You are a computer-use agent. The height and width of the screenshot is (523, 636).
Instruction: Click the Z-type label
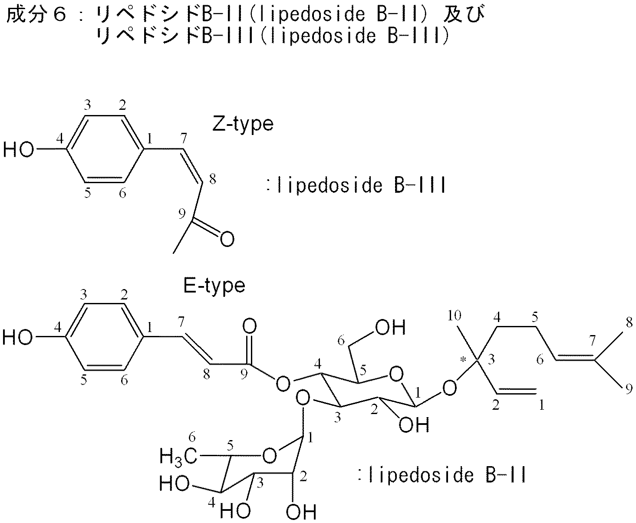coord(243,124)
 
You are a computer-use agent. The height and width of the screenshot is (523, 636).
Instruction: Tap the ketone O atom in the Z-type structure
coord(227,239)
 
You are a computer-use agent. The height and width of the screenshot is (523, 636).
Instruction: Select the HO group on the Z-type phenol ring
coord(19,150)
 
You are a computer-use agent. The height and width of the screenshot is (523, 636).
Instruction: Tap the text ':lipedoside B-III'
coord(356,186)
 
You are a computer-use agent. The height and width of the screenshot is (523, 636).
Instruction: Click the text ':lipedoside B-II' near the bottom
coord(442,476)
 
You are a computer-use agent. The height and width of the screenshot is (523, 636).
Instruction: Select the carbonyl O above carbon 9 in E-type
coord(250,326)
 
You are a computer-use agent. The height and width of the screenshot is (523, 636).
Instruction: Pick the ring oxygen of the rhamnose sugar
coord(270,456)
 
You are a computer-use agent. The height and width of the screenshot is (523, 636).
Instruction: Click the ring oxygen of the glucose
coord(395,374)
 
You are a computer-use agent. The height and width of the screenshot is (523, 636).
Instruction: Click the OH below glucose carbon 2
coord(414,425)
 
